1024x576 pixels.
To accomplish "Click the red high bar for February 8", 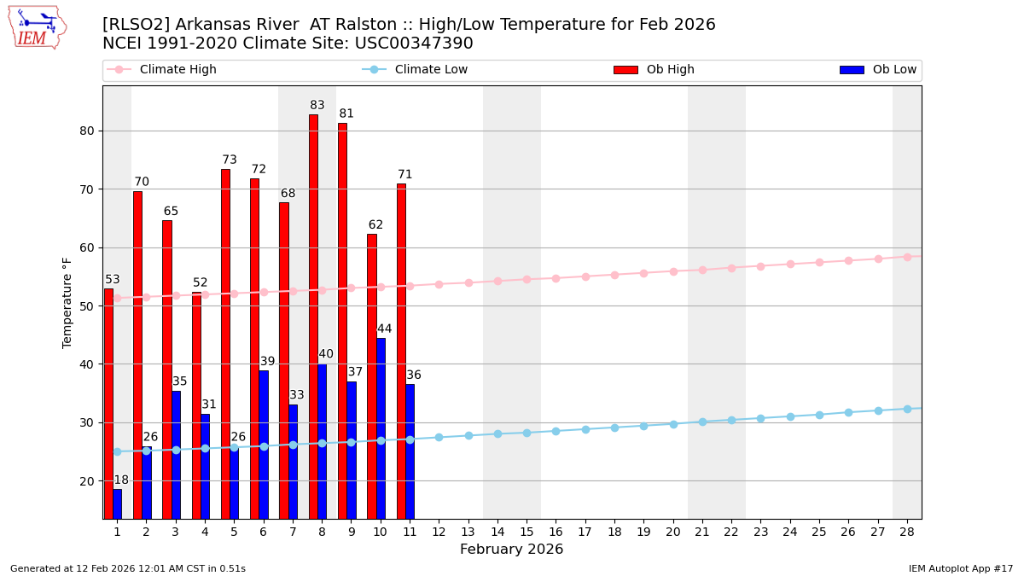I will [313, 316].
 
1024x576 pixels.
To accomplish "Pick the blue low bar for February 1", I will [117, 503].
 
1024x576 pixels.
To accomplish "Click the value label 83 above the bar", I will [317, 106].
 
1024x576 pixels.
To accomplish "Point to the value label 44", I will [385, 329].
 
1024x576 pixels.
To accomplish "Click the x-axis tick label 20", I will [672, 532].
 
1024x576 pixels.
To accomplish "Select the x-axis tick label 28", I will [907, 532].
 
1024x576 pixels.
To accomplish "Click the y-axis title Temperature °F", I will [67, 302].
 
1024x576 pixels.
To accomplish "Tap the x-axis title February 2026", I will [511, 550].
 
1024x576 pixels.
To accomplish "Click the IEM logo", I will [37, 27].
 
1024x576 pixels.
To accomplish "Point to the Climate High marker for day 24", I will [790, 265].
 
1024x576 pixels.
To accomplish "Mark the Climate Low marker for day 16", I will [556, 431].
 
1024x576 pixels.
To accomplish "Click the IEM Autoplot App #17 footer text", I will [960, 568].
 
